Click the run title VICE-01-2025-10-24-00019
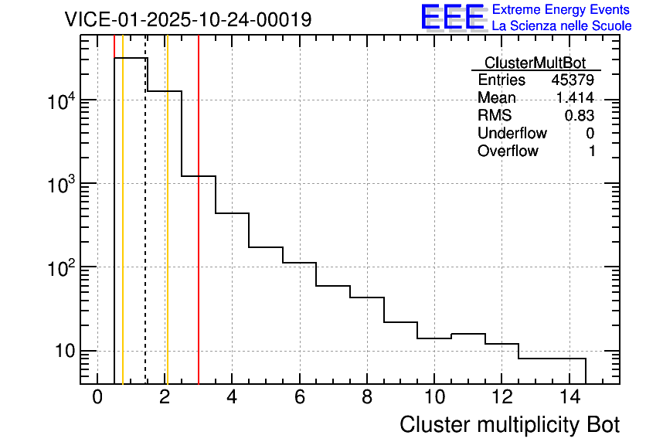188,19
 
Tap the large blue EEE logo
452,18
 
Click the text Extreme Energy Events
562,10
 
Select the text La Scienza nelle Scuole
562,26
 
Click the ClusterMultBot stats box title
535,63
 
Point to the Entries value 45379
573,80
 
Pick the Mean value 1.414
575,98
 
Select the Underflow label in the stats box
512,134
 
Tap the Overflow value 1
592,151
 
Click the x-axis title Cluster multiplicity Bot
509,424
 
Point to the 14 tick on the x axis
569,397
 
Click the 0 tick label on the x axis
97,397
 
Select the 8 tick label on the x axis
367,397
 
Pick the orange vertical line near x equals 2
167,232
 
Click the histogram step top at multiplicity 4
232,213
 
